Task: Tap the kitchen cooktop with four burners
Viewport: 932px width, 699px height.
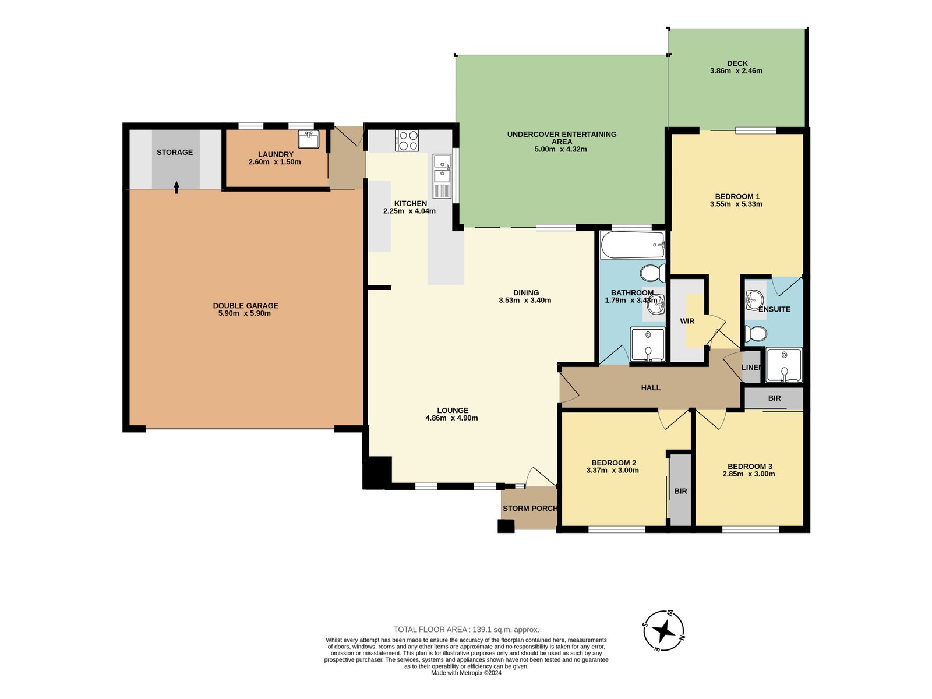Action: pyautogui.click(x=407, y=140)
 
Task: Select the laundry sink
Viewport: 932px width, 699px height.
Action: pyautogui.click(x=308, y=139)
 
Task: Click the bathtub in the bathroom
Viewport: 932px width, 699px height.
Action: pyautogui.click(x=633, y=245)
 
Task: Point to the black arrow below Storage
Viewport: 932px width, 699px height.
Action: pyautogui.click(x=176, y=187)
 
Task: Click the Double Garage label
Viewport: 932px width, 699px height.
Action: pyautogui.click(x=245, y=306)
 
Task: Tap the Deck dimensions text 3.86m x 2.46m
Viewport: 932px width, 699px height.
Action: pyautogui.click(x=736, y=71)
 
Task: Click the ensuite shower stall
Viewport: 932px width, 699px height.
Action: pyautogui.click(x=784, y=365)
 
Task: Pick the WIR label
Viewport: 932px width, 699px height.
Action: pyautogui.click(x=687, y=322)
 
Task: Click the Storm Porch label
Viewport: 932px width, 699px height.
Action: pyautogui.click(x=529, y=508)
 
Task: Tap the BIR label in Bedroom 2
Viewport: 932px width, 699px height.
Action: pyautogui.click(x=680, y=491)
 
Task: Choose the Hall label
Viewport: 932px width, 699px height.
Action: pyautogui.click(x=651, y=387)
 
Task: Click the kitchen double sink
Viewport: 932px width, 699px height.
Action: pyautogui.click(x=442, y=176)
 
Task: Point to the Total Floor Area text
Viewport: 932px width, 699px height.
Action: pyautogui.click(x=466, y=630)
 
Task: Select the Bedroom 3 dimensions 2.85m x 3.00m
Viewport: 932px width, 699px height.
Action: pyautogui.click(x=749, y=474)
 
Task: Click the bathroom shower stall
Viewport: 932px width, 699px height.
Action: pyautogui.click(x=648, y=344)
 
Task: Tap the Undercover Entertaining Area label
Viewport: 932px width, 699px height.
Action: pyautogui.click(x=562, y=138)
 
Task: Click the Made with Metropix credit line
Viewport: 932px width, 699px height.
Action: pyautogui.click(x=466, y=673)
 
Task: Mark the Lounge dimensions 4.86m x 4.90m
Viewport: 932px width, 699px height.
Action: pyautogui.click(x=451, y=418)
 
